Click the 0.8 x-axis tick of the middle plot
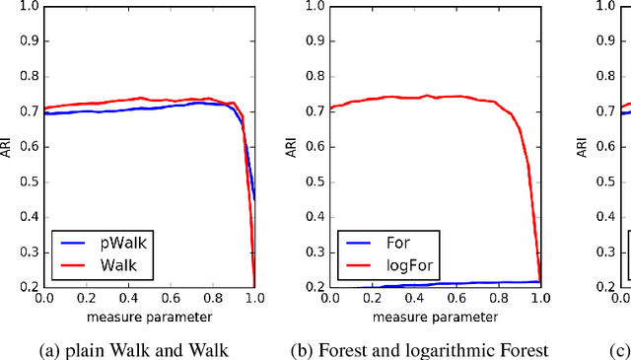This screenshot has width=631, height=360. click(x=497, y=299)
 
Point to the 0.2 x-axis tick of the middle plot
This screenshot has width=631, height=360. click(x=371, y=299)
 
